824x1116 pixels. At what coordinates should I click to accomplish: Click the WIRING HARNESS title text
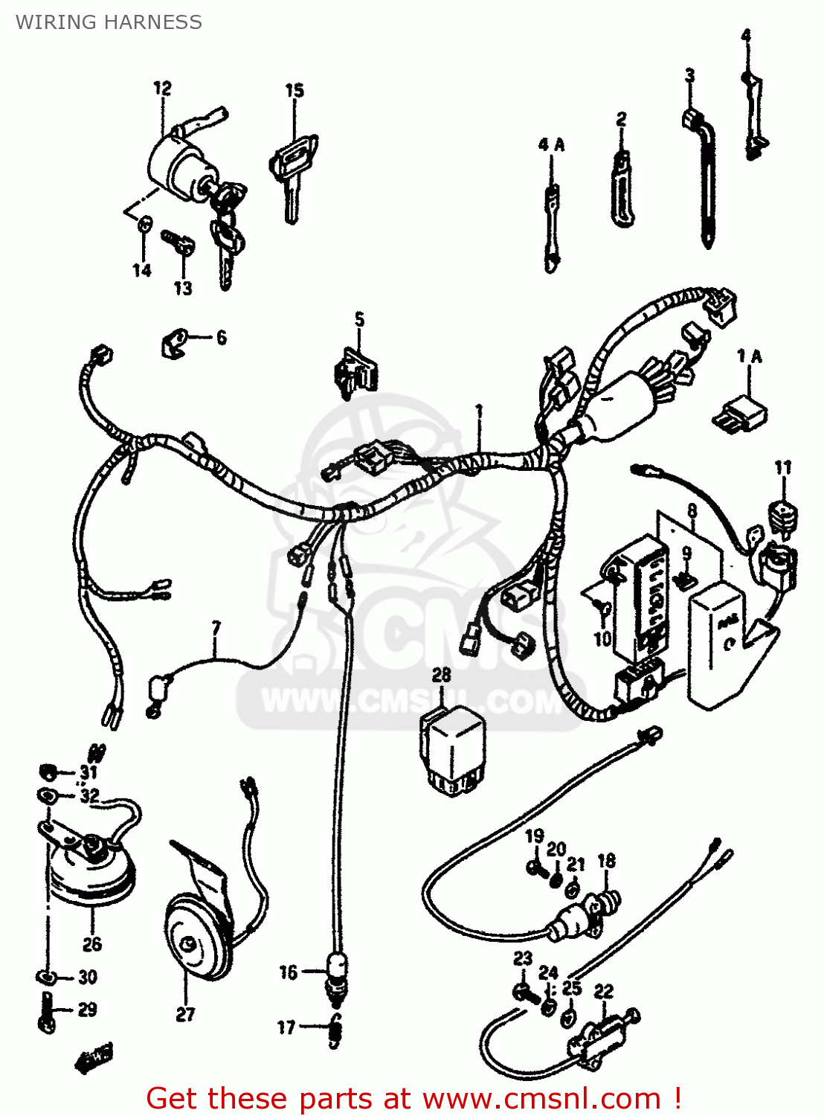click(x=109, y=22)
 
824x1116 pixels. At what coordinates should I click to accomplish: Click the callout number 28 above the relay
click(x=441, y=675)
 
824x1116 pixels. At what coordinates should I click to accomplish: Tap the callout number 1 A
click(x=749, y=356)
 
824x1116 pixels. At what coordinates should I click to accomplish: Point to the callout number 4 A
click(x=551, y=144)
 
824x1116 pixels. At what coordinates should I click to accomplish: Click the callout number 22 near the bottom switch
click(x=603, y=991)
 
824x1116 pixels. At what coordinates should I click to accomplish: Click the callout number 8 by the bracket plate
click(x=692, y=510)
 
